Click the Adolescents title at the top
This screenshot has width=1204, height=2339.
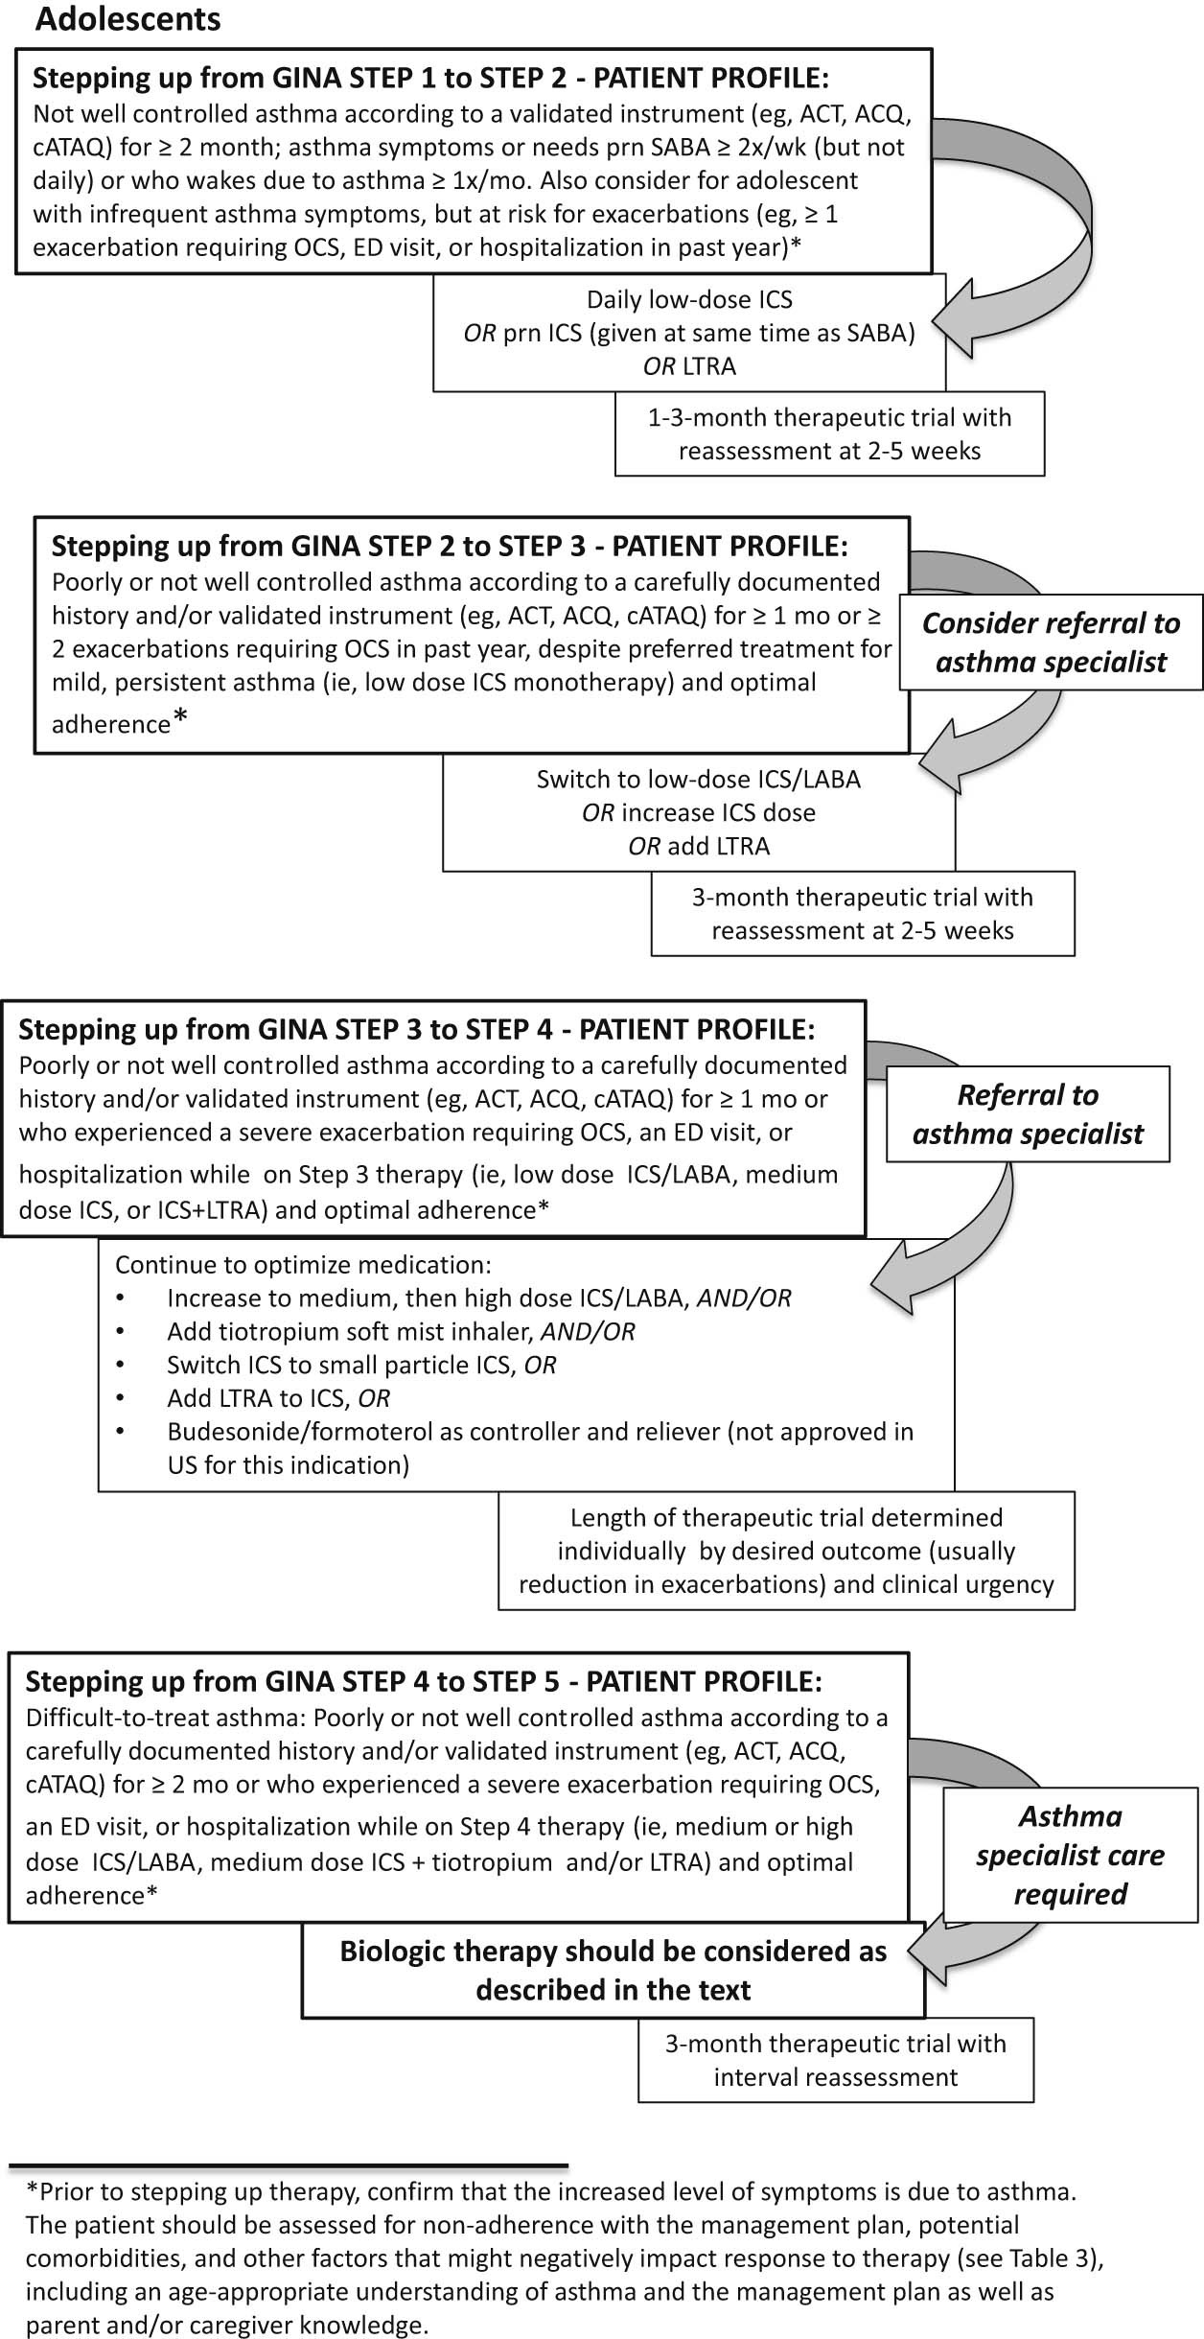[128, 19]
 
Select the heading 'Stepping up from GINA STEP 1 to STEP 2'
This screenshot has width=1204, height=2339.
[430, 78]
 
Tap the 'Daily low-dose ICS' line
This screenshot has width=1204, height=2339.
[689, 300]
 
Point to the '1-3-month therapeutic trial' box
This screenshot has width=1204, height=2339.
[829, 434]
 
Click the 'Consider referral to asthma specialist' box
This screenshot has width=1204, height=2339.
[1051, 643]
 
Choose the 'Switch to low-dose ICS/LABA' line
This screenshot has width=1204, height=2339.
[698, 779]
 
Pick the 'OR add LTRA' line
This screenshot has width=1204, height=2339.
[698, 846]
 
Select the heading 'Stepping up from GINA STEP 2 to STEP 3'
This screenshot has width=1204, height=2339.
[450, 547]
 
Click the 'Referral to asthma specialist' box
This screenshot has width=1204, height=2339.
[1028, 1114]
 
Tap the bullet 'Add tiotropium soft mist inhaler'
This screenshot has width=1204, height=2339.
[401, 1331]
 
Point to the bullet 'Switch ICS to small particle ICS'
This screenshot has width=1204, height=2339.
[361, 1365]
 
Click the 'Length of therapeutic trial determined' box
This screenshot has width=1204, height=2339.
[786, 1551]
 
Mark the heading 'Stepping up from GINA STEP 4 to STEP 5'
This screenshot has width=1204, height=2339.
[423, 1682]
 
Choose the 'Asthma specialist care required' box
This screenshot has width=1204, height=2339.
[1070, 1856]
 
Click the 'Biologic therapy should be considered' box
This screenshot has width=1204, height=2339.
[614, 1971]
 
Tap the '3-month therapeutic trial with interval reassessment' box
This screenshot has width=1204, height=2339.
[835, 2061]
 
